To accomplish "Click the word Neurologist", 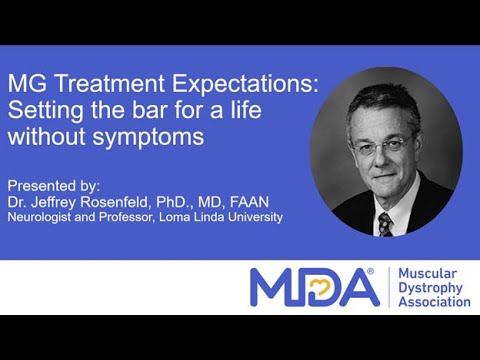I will pos(42,217).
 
